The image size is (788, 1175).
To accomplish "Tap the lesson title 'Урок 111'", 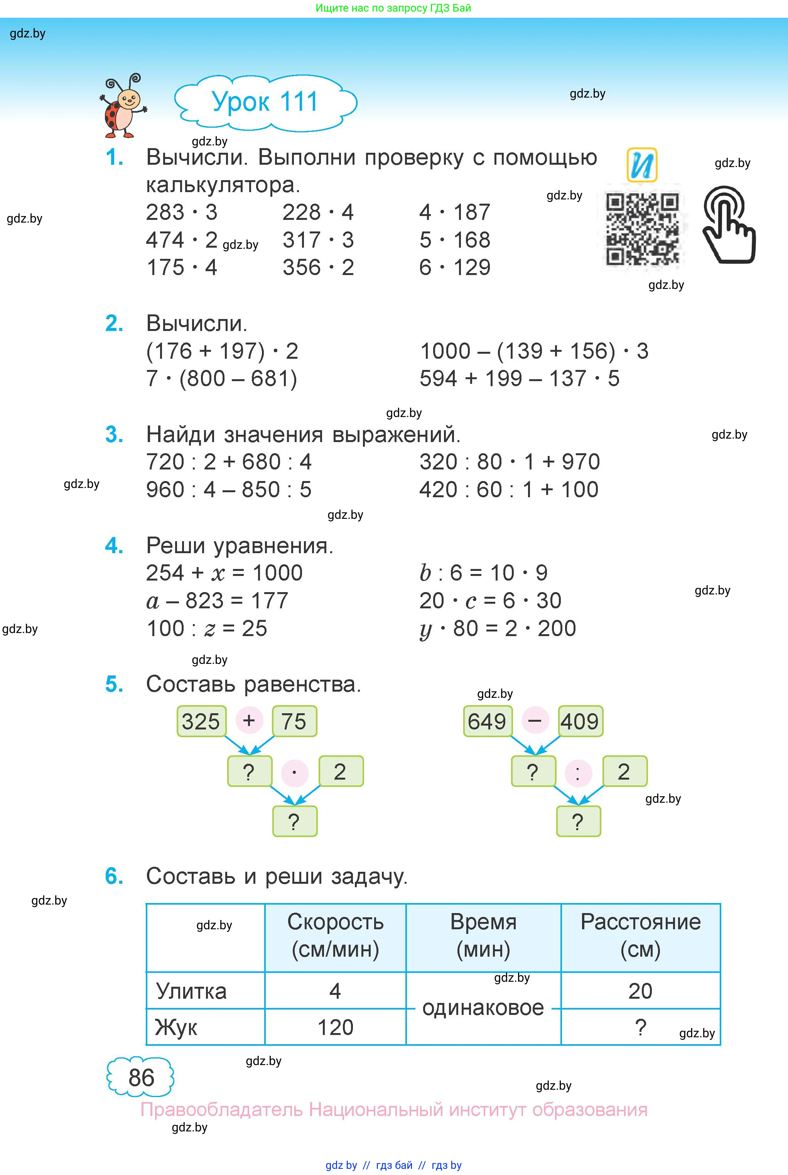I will [265, 102].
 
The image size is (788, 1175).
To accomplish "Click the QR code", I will [642, 229].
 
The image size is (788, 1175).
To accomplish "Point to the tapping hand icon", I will [728, 224].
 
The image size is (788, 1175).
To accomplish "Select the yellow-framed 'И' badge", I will [642, 165].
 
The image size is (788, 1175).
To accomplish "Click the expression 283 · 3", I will [181, 212].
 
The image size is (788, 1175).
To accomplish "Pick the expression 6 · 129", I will [454, 267].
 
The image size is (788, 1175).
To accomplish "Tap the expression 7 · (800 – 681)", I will [222, 378].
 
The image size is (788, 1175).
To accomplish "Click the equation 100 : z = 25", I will [207, 628].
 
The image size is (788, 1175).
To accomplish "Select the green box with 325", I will [201, 721].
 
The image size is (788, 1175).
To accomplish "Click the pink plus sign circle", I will [249, 720].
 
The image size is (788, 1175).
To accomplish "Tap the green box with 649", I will [486, 721].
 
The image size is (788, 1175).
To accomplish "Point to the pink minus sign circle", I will [535, 720].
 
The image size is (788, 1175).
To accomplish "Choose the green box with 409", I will [580, 721].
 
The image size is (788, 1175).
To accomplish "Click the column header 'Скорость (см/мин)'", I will [335, 936].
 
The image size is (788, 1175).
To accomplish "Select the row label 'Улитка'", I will [191, 991].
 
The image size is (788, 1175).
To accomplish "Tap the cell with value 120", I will [335, 1027].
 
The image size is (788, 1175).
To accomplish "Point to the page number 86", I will [141, 1077].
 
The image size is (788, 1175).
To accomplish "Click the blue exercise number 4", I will [114, 546].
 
